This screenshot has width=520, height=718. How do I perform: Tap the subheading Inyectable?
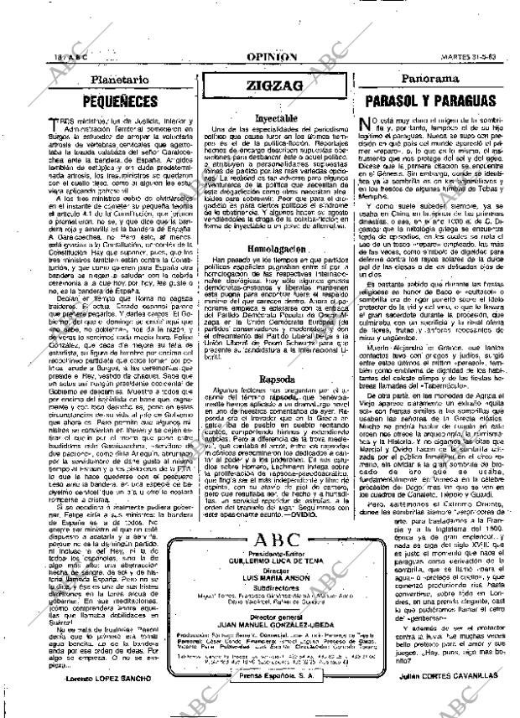click(x=273, y=119)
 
